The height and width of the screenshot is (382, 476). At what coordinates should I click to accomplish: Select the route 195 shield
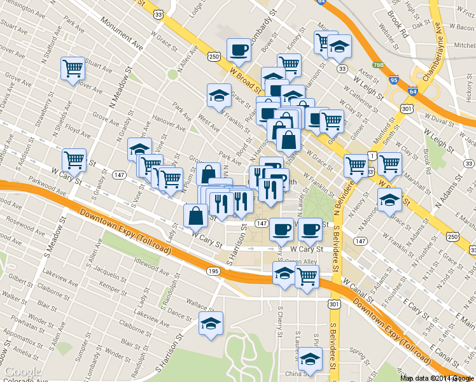[213, 272]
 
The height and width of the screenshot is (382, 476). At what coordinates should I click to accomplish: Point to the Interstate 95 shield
[395, 80]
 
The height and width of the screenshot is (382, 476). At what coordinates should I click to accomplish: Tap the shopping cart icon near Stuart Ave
[73, 69]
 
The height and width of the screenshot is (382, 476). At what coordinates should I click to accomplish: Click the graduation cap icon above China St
[310, 360]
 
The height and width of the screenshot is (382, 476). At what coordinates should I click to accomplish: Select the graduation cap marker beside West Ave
[219, 95]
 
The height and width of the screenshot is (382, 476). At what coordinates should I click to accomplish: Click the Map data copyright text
[437, 378]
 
